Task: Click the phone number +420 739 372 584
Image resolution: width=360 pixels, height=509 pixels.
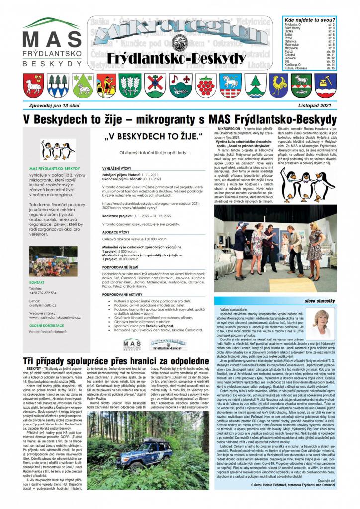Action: coord(43,293)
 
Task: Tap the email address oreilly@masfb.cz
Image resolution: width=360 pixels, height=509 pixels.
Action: coord(42,305)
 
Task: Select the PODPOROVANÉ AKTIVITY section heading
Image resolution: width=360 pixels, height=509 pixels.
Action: coord(122,295)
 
